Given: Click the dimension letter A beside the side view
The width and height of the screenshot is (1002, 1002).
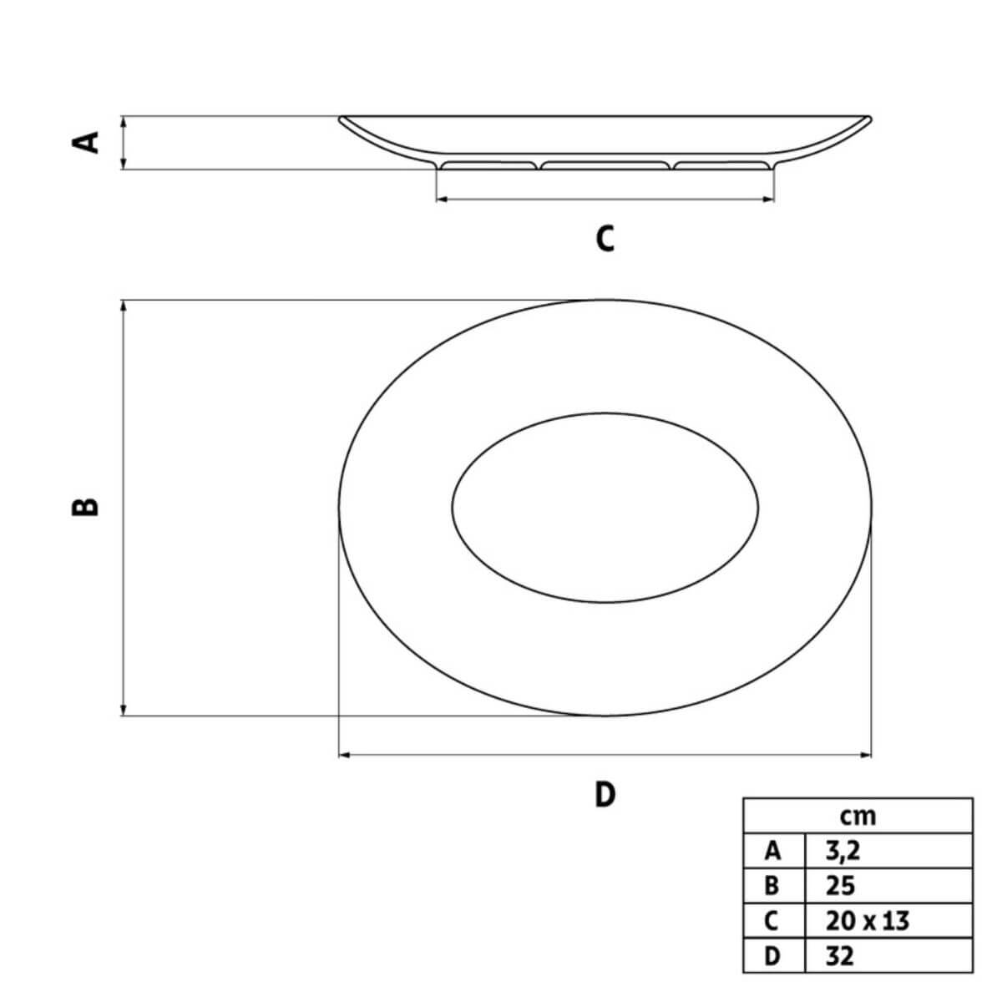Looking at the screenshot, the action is point(85,143).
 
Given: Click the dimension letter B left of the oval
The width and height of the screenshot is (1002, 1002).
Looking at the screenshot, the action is point(85,507).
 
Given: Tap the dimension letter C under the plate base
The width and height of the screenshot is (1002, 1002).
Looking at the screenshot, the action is point(605,239).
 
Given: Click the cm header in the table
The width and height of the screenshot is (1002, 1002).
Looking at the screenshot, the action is point(858,816).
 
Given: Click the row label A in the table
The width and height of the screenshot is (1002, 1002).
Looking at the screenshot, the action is point(772,851).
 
